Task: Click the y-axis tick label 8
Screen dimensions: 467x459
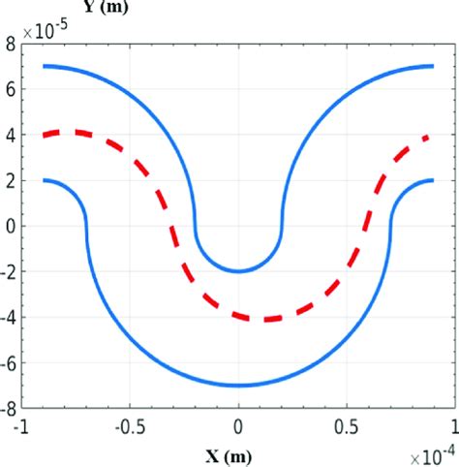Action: coord(11,43)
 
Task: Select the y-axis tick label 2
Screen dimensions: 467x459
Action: coord(11,180)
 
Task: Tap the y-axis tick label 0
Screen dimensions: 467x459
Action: coord(11,226)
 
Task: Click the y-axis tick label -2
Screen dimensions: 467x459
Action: coord(8,271)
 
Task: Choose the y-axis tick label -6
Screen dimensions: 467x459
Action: coord(8,363)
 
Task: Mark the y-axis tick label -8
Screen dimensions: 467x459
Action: coord(8,409)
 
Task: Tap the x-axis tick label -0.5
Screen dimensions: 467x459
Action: coord(131,424)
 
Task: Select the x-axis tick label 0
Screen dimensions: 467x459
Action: coord(238,424)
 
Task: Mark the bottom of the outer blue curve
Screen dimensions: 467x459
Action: coord(238,386)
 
